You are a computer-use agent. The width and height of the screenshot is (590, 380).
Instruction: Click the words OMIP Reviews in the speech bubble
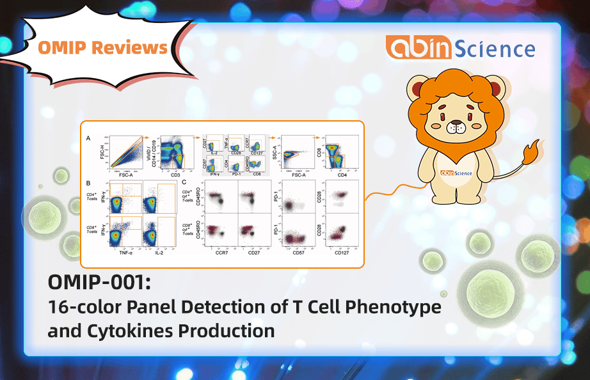click(x=103, y=47)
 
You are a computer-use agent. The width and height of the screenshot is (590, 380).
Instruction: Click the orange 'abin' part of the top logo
click(x=418, y=49)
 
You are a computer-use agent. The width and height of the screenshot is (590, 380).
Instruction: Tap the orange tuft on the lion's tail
click(x=530, y=154)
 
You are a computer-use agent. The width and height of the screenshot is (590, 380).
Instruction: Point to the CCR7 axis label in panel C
click(x=221, y=254)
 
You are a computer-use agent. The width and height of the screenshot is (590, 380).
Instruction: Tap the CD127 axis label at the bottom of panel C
click(x=342, y=254)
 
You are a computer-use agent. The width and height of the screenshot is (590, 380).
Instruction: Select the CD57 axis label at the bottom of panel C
click(x=296, y=254)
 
